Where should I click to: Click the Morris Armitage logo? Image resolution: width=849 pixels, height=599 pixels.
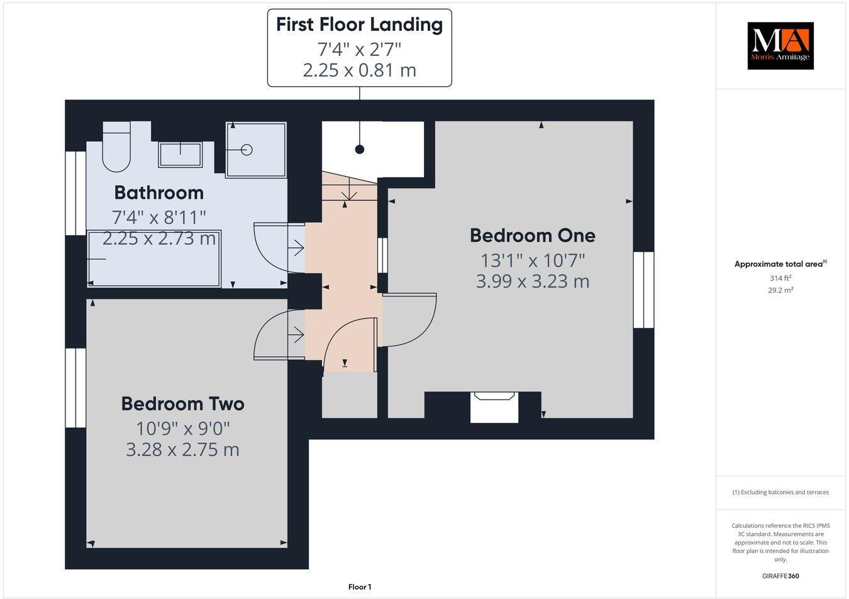pos(780,45)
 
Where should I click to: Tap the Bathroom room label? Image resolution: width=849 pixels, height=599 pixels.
pos(158,193)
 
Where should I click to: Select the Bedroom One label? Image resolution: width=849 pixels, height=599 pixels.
pos(532,235)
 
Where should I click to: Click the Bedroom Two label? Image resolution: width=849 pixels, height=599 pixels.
pos(182,403)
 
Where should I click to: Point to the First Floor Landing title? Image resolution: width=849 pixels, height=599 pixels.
pos(359,25)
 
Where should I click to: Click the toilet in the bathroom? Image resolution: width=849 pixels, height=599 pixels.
pos(116,148)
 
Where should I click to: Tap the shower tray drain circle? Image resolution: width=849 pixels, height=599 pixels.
pos(247,150)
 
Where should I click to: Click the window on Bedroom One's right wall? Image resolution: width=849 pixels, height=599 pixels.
pos(643,289)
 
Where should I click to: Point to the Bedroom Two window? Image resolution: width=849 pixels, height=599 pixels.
pos(75,388)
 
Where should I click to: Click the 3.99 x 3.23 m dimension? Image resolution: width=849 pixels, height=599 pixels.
pos(532,281)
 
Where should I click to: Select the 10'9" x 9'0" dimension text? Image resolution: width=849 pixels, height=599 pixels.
pos(183,428)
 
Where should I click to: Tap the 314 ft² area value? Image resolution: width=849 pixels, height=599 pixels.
pos(780,278)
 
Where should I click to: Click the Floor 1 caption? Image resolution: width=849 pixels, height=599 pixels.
pos(360,587)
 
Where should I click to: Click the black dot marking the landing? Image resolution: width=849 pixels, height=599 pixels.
pos(359,149)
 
